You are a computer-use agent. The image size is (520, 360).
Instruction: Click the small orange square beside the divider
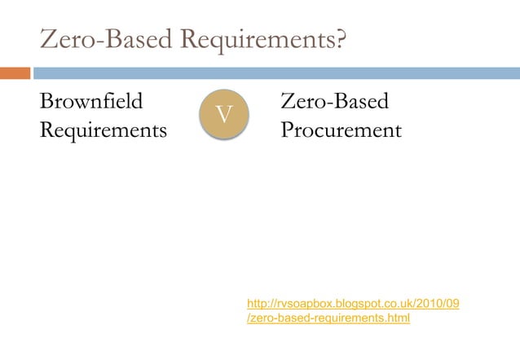pyautogui.click(x=15, y=73)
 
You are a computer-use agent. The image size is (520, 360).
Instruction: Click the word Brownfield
pyautogui.click(x=90, y=103)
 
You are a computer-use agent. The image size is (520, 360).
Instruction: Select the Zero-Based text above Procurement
pyautogui.click(x=334, y=103)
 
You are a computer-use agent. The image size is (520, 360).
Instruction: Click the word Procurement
pyautogui.click(x=341, y=130)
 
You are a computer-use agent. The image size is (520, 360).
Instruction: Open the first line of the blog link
pyautogui.click(x=352, y=304)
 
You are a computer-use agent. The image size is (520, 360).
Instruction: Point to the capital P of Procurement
pyautogui.click(x=287, y=130)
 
